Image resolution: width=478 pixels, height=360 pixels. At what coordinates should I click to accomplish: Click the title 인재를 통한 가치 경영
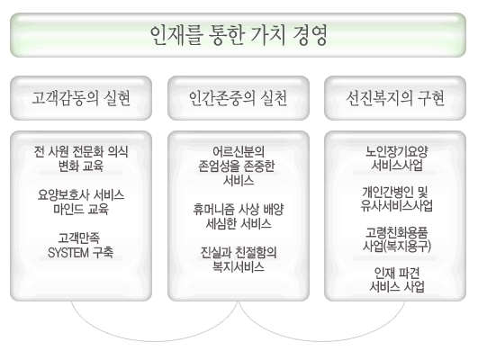[x=239, y=35]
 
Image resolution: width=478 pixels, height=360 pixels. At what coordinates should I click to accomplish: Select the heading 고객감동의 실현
[x=81, y=98]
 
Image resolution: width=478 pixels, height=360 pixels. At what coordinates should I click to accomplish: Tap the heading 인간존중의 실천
[x=238, y=98]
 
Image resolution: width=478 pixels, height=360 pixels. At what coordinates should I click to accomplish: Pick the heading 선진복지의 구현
[x=395, y=98]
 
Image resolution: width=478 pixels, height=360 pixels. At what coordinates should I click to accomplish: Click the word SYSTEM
[x=68, y=252]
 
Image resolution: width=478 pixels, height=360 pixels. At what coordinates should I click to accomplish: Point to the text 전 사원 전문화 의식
[x=81, y=151]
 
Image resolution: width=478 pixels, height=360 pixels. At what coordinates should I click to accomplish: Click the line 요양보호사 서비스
[x=81, y=194]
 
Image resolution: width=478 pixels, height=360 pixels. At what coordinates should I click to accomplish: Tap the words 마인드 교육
[x=81, y=210]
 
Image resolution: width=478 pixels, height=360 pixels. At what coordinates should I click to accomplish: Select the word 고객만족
[x=79, y=238]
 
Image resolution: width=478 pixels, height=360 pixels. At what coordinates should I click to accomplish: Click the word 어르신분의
[x=239, y=151]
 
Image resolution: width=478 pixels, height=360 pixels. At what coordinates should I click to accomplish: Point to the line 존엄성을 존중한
[x=237, y=166]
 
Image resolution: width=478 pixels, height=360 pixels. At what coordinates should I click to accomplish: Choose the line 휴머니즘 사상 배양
[x=239, y=210]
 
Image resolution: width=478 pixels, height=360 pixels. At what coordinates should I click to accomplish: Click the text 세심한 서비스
[x=239, y=224]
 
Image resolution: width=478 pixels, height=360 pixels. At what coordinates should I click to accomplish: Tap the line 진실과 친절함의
[x=239, y=253]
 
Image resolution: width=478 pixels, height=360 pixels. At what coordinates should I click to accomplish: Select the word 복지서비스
[x=239, y=267]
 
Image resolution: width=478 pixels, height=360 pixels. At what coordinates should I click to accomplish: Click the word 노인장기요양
[x=397, y=151]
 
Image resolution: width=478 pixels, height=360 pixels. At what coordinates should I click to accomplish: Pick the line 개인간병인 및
[x=395, y=192]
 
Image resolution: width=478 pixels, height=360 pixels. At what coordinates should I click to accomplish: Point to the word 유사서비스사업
[x=397, y=206]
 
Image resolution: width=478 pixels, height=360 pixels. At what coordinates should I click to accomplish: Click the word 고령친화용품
[x=397, y=232]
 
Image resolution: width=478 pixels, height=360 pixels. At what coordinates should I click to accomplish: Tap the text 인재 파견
[x=397, y=273]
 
